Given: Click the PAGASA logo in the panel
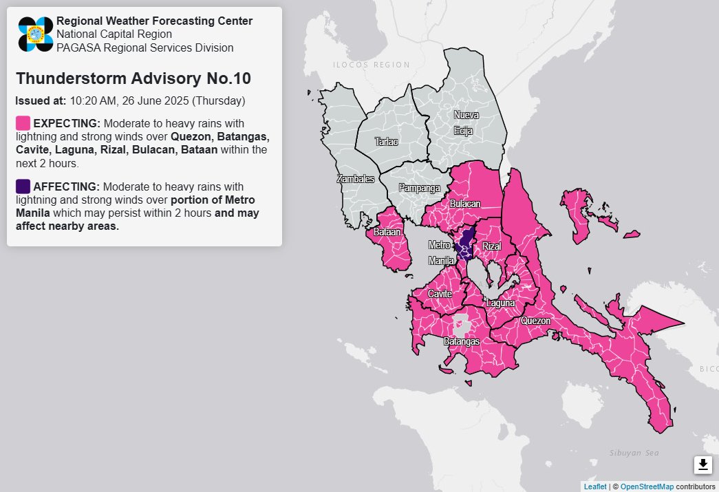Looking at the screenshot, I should (x=36, y=34).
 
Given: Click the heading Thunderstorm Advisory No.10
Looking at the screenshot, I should (x=133, y=78).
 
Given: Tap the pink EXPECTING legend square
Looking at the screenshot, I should (x=23, y=123).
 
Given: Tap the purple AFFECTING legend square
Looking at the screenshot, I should (x=23, y=186).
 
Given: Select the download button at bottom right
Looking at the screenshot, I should (x=702, y=465).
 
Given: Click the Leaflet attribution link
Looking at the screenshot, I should (x=594, y=486).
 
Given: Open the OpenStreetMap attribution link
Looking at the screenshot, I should (x=647, y=486).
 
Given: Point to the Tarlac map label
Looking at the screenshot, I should (x=386, y=142).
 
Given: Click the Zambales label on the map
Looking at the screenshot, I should (x=355, y=179).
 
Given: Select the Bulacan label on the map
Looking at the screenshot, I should (x=465, y=204).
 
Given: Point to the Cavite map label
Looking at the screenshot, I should (x=440, y=294).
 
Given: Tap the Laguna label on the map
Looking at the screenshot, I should (x=500, y=303).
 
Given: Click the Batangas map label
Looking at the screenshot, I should (x=460, y=341).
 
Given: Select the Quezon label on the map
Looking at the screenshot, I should (x=536, y=321).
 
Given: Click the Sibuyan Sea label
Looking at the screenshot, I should (x=634, y=452).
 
